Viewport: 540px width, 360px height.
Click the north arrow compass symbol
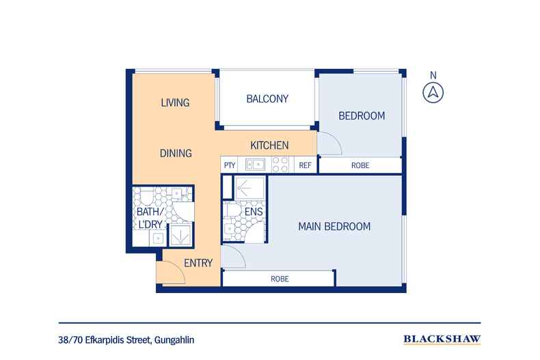point(433,93)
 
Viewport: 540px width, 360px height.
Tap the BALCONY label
point(267,99)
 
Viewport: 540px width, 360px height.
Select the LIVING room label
point(175,102)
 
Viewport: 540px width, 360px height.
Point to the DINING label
point(176,153)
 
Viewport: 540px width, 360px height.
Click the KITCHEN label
point(269,146)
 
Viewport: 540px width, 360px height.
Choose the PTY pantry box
point(230,165)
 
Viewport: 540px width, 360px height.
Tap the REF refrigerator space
point(305,165)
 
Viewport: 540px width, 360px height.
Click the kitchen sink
point(255,165)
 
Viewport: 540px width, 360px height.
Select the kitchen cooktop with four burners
point(280,165)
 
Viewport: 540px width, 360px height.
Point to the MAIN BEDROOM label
point(334,227)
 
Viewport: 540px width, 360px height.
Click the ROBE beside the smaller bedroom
point(360,165)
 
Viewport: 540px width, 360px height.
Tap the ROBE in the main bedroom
point(279,279)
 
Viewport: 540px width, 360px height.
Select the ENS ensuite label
point(254,212)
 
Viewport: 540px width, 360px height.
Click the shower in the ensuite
point(249,188)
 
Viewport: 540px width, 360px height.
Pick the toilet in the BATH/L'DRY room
point(146,196)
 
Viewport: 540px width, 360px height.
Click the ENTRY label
point(198,263)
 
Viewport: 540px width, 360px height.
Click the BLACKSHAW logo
point(442,340)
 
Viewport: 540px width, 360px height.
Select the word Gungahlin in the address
point(174,340)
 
